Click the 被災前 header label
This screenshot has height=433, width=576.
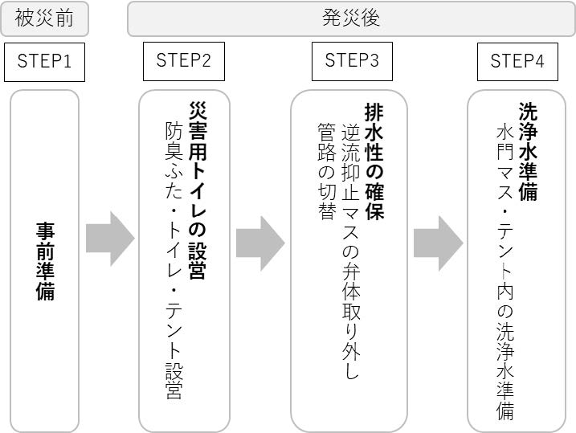44,18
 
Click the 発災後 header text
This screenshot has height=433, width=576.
352,18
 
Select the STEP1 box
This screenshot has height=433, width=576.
44,61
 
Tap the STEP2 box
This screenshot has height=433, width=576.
184,61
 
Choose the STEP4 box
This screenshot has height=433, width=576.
517,61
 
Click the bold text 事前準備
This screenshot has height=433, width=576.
45,261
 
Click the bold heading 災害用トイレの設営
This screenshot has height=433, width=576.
198,190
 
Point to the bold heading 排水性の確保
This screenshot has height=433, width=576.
374,161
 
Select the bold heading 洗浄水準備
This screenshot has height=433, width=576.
528,150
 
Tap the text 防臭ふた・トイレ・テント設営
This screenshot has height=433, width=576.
174,259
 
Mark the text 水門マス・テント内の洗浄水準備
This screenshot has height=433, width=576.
505,272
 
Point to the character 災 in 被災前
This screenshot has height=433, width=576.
44,18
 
